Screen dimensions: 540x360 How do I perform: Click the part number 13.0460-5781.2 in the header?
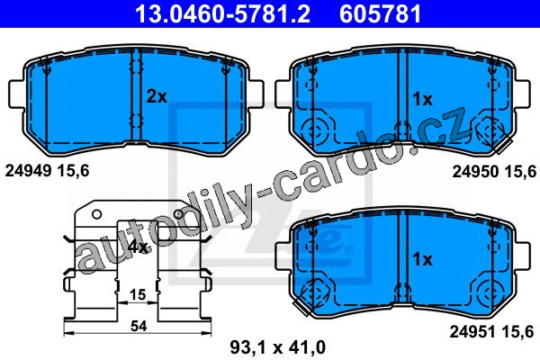pos(223,13)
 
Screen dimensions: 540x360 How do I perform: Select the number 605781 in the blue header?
pos(380,13)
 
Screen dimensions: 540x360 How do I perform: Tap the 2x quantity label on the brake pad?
pos(157,97)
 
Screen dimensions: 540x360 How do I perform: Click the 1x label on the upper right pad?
pos(423,100)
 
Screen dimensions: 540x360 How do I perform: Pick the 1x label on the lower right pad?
pos(423,259)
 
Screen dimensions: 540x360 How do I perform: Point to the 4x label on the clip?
pos(138,247)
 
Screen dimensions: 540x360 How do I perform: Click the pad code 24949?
pos(28,171)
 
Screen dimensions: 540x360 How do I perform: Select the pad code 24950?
pos(475,171)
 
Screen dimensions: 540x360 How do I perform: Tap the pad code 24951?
pos(473,332)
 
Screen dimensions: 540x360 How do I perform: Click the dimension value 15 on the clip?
pos(138,295)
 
